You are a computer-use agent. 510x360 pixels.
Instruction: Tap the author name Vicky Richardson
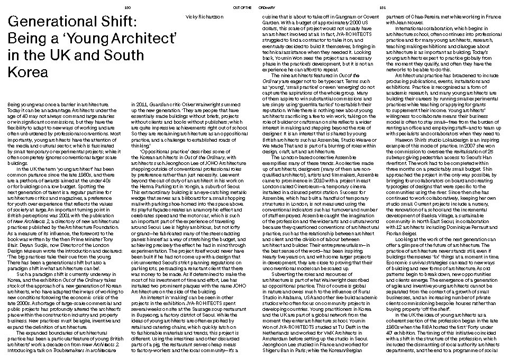pos(204,17)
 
